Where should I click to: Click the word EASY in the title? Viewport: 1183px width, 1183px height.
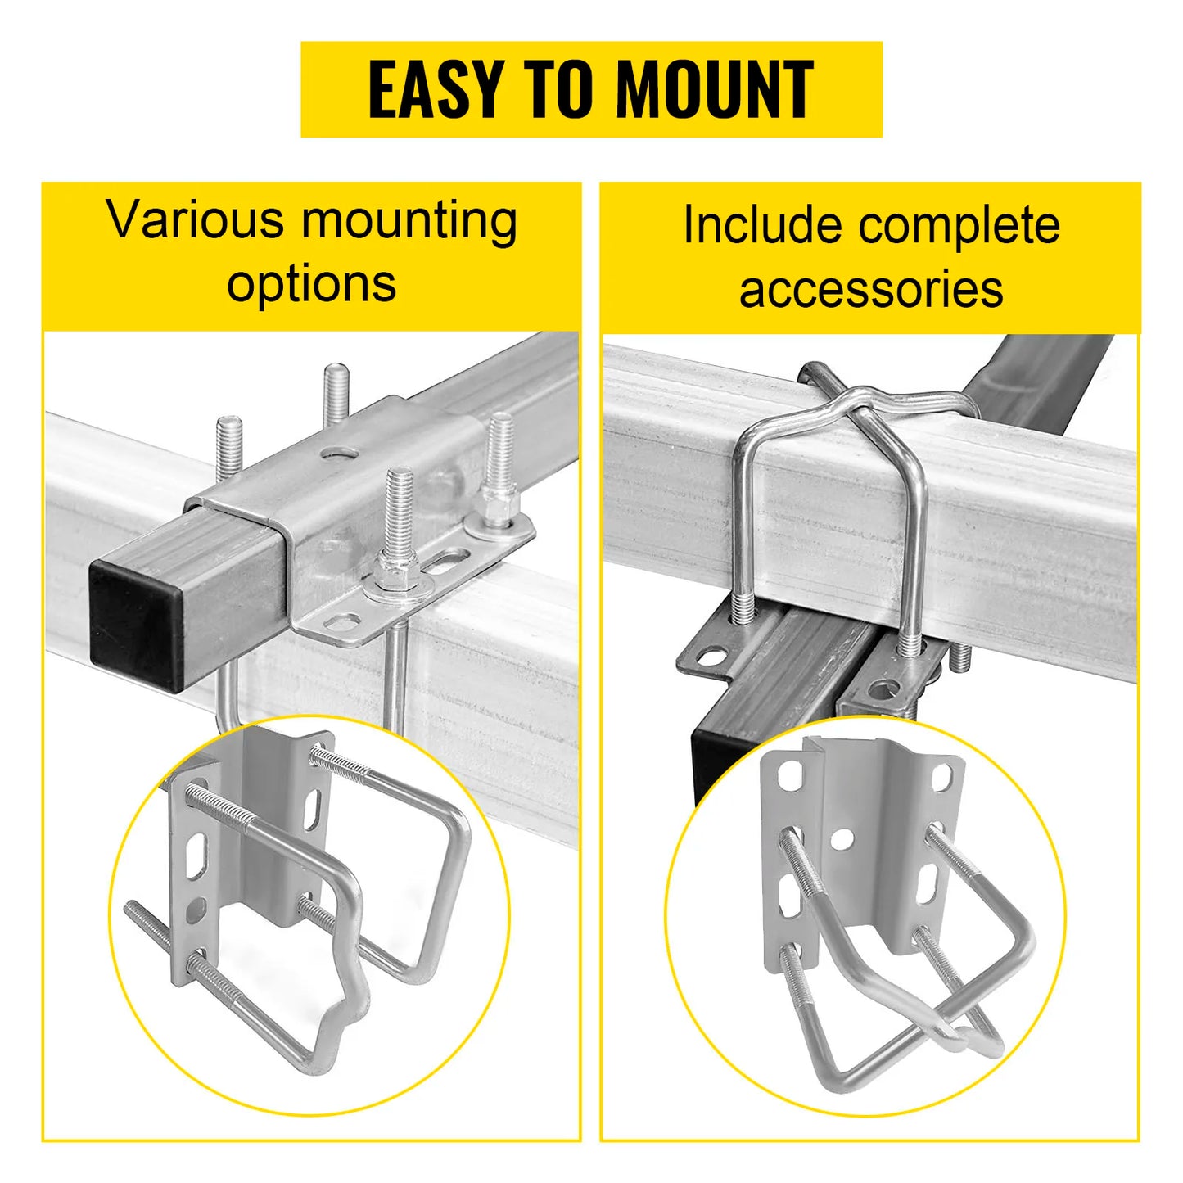(x=434, y=89)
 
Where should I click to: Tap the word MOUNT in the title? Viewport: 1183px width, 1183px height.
(x=714, y=89)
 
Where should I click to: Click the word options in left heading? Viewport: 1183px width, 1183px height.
(x=311, y=283)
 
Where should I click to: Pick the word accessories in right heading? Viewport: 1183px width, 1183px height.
(x=870, y=289)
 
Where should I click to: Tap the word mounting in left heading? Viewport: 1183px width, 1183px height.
(x=409, y=221)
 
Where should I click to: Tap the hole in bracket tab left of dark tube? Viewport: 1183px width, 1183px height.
(x=709, y=656)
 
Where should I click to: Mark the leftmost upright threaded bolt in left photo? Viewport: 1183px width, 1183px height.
(x=229, y=450)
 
